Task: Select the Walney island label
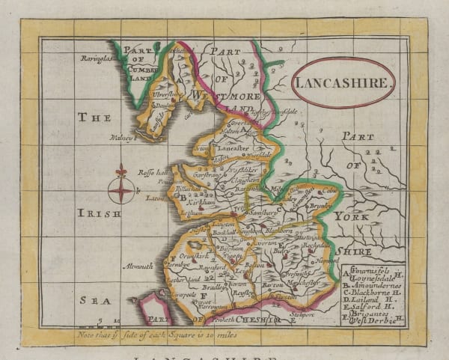pyautogui.click(x=123, y=138)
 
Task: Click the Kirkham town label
pyautogui.click(x=203, y=203)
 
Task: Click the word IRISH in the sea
pyautogui.click(x=99, y=213)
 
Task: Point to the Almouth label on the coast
pyautogui.click(x=138, y=265)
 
